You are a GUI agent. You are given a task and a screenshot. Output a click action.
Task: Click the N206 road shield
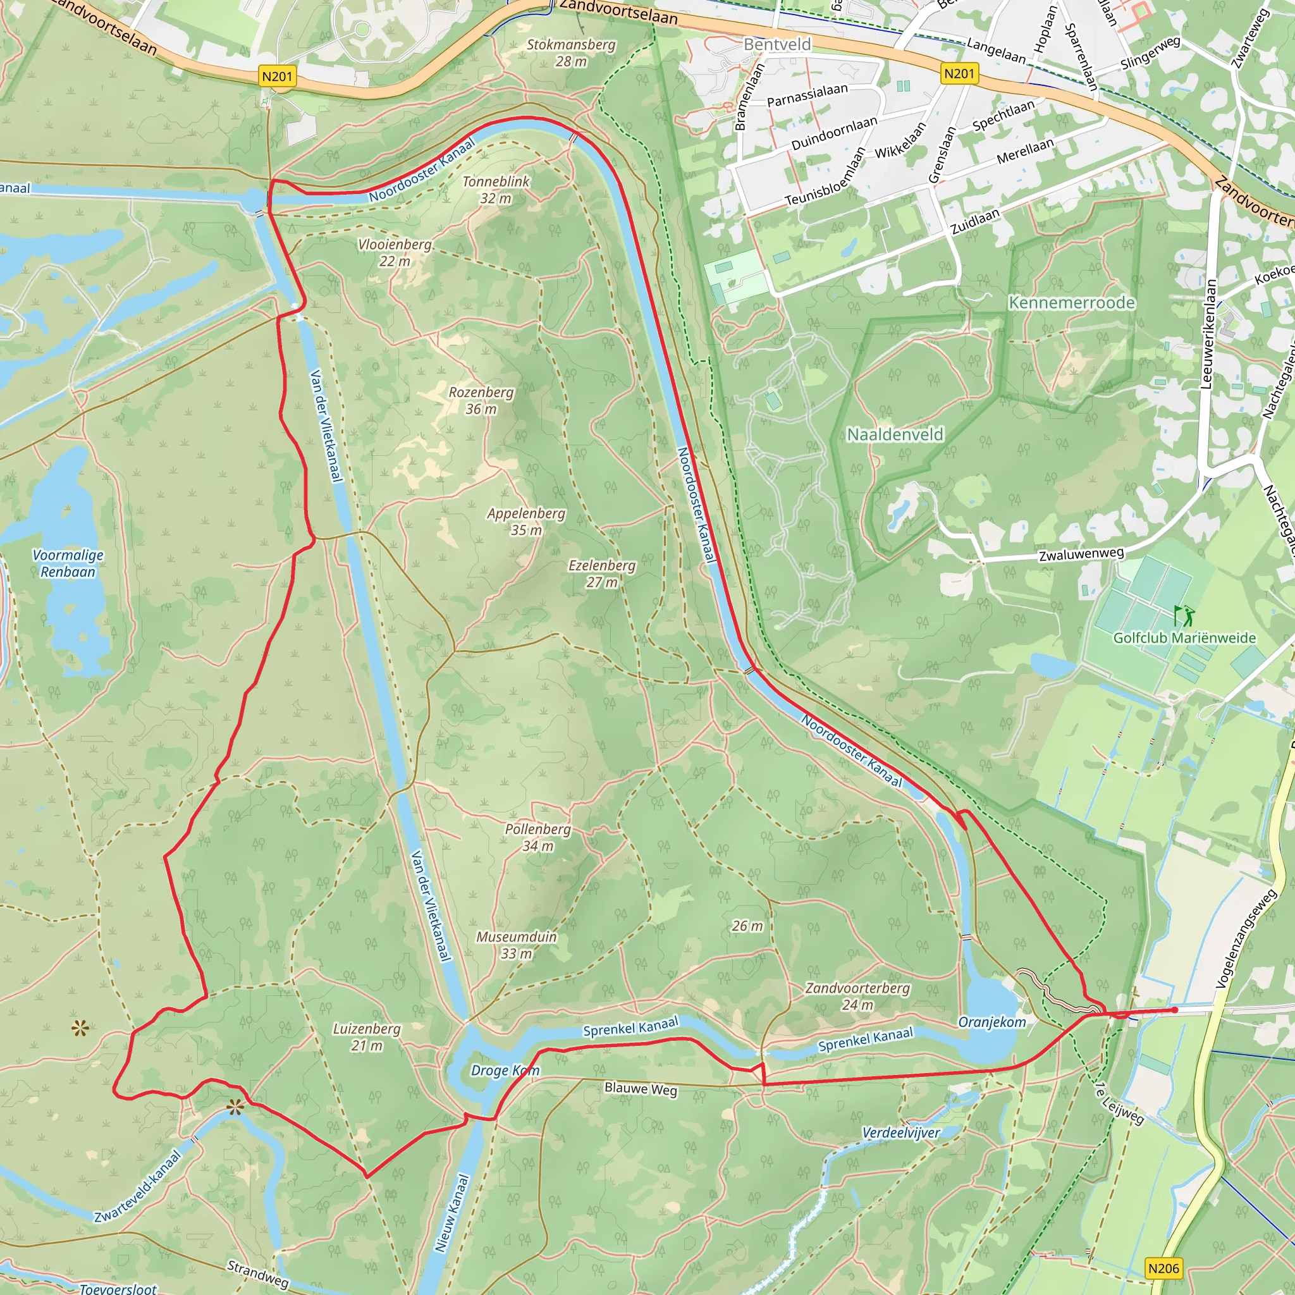coord(1163,1268)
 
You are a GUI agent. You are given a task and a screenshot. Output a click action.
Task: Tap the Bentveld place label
coord(777,44)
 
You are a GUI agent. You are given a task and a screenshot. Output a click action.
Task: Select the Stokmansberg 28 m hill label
coord(570,53)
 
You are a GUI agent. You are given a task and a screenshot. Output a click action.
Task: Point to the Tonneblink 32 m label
coord(495,190)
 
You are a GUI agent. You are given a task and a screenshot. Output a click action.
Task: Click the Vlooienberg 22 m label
coord(394,253)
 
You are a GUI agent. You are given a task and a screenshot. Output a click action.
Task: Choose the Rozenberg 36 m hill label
coord(481,400)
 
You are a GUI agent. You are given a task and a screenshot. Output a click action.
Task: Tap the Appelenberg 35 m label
coord(525,522)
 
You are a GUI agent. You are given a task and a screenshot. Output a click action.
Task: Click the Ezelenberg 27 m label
coord(601,574)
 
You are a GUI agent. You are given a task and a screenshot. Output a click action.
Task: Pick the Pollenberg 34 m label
coord(537,837)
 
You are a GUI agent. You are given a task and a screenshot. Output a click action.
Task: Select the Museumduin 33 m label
coord(516,945)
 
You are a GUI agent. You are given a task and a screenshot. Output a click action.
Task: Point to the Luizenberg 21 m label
coord(366,1037)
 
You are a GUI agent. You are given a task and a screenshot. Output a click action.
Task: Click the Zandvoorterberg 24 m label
coord(857,996)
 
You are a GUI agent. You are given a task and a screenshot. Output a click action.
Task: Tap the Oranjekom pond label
coord(992,1022)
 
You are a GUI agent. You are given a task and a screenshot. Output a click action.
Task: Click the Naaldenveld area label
coord(895,435)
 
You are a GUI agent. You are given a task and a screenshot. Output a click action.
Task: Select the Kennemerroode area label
coord(1071,303)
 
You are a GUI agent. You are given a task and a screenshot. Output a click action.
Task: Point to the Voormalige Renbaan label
coord(68,563)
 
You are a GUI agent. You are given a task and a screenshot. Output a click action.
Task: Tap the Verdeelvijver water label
coord(901,1132)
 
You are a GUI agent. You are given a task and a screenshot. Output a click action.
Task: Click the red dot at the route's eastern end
coord(1174,1009)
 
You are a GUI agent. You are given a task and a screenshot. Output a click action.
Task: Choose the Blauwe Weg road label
coord(640,1089)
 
